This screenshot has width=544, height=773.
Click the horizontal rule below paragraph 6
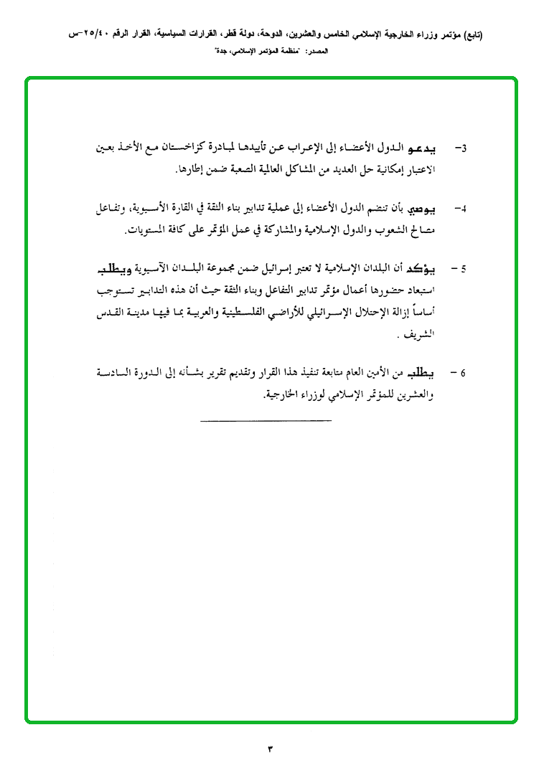tap(266, 418)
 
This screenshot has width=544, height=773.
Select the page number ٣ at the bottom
tap(271, 749)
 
